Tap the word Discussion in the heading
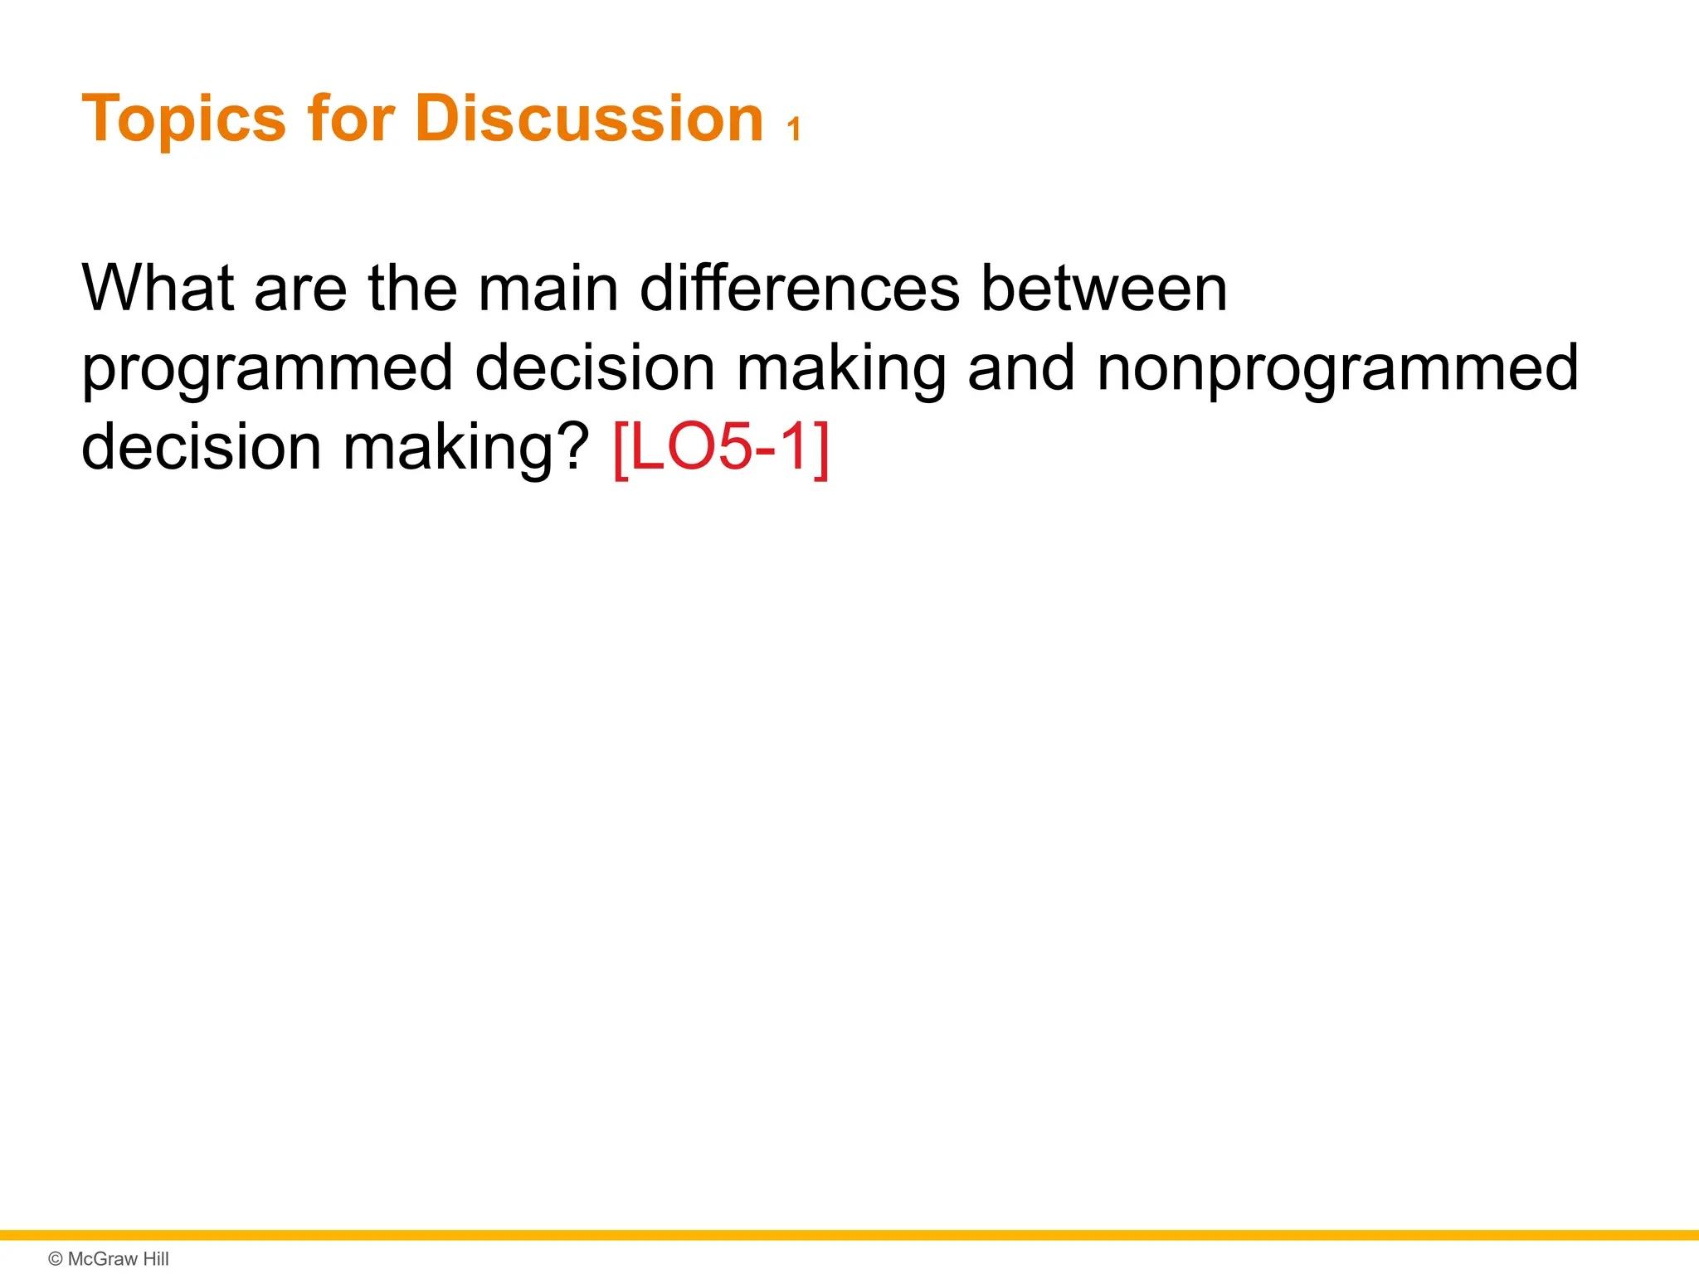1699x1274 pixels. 588,119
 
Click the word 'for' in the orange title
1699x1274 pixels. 350,119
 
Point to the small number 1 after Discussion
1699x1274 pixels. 794,130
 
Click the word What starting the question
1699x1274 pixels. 158,288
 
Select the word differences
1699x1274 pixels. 800,288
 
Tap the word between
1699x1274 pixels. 1103,288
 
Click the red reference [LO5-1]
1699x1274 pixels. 721,448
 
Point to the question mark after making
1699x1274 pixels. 572,446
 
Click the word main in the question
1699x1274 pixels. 548,288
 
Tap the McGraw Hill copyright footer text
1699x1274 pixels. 109,1258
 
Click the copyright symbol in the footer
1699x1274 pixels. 56,1259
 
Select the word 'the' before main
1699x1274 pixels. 412,288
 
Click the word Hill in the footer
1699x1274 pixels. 155,1258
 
